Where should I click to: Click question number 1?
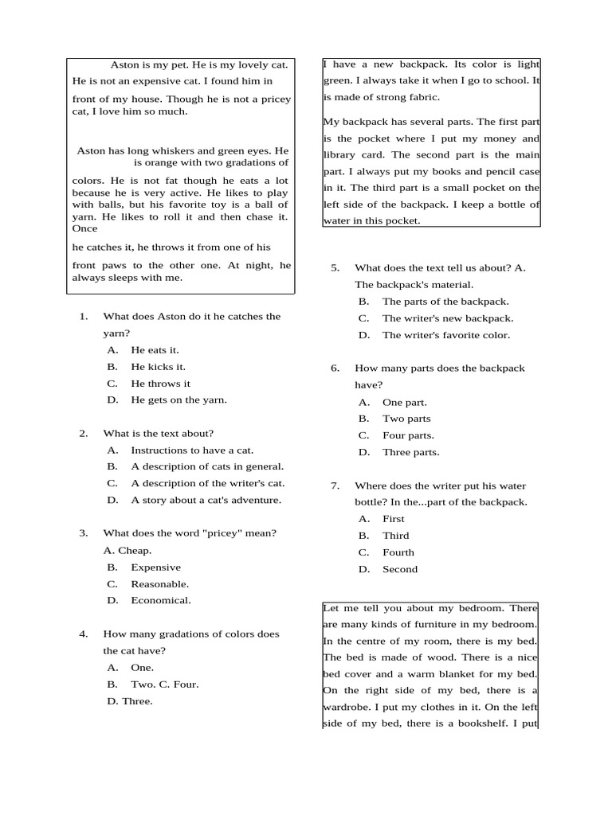[x=83, y=317]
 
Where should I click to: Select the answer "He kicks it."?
[x=158, y=367]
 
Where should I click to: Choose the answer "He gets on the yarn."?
[x=178, y=400]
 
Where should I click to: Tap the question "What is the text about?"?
[x=158, y=434]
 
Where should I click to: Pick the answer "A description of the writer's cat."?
[x=207, y=483]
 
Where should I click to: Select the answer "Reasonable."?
[x=159, y=584]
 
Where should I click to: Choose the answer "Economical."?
[x=160, y=601]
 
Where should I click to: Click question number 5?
[x=335, y=268]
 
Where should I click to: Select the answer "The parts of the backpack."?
[x=445, y=302]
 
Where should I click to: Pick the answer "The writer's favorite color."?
[x=445, y=335]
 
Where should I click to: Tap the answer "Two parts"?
[x=406, y=419]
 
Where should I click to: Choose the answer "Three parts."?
[x=410, y=452]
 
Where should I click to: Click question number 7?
[x=335, y=485]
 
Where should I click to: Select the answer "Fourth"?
[x=398, y=552]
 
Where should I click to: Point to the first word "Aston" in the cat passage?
[x=124, y=65]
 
